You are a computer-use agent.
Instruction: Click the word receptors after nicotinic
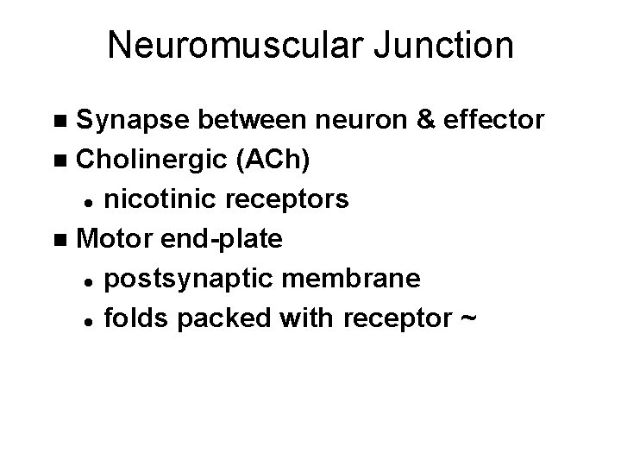[x=287, y=199]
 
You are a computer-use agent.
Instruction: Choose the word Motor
[x=107, y=239]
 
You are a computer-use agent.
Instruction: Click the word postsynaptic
[x=185, y=280]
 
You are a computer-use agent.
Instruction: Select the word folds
[x=135, y=318]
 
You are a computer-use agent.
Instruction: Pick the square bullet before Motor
[x=59, y=240]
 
